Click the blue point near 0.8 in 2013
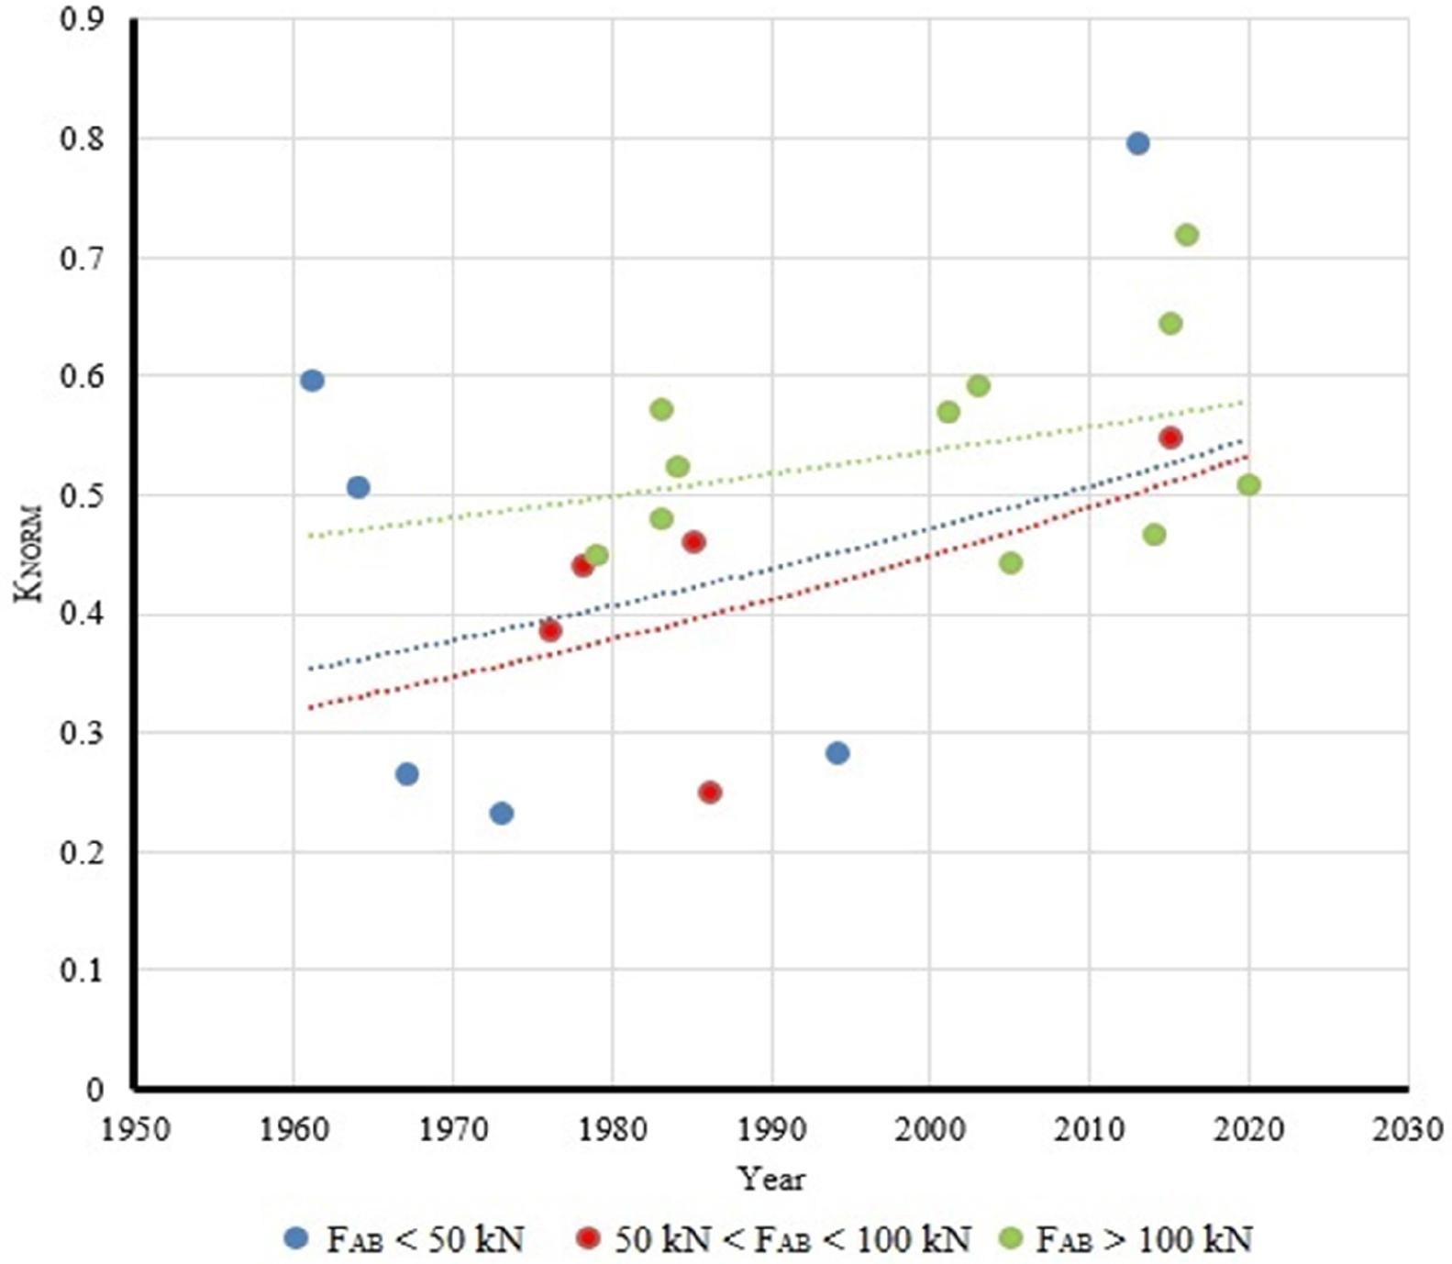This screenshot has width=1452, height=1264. (1137, 143)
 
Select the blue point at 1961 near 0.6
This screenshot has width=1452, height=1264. (312, 381)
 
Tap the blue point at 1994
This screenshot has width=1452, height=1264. (837, 753)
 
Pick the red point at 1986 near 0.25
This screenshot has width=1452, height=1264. (709, 792)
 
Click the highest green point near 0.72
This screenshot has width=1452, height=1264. (1186, 235)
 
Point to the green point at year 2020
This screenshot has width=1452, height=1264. (1248, 484)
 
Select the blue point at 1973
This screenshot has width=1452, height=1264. (501, 813)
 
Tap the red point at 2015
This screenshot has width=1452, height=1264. (1169, 438)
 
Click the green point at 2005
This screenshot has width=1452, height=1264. (1010, 562)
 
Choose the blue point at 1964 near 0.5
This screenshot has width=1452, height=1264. (358, 487)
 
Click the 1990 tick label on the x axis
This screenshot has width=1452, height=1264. (771, 1129)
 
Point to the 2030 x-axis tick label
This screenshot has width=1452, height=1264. (1407, 1129)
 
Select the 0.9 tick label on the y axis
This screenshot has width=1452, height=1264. (82, 20)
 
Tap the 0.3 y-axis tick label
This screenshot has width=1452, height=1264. (82, 733)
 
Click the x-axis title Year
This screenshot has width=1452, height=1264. (771, 1179)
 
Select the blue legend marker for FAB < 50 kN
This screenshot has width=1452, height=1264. (296, 1239)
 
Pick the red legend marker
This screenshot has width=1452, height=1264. (588, 1239)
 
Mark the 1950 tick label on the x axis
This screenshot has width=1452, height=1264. (135, 1129)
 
